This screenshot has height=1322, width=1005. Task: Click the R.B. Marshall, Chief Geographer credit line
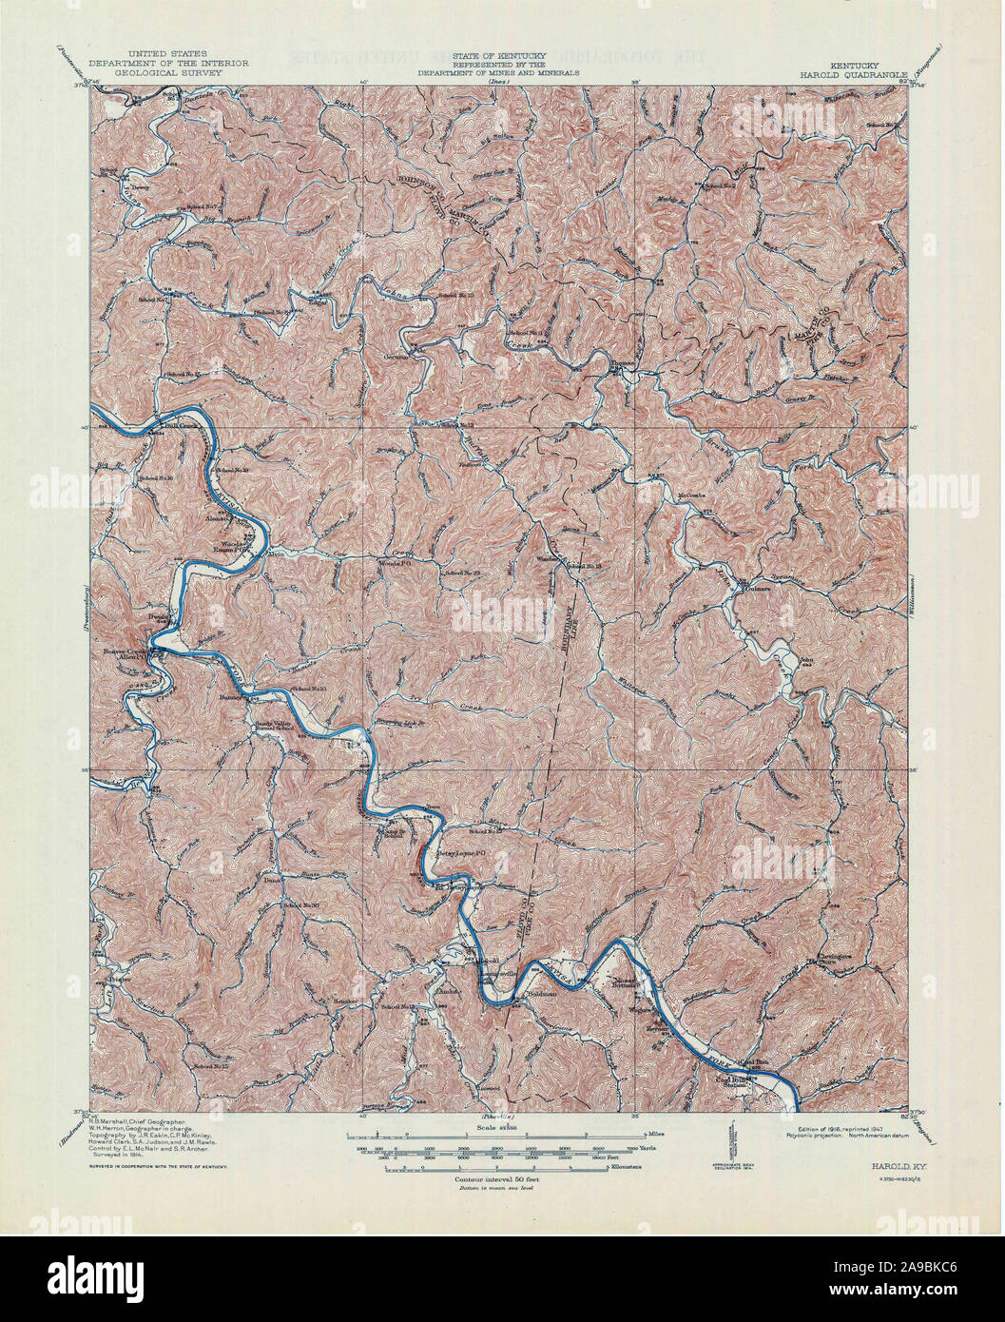click(141, 1123)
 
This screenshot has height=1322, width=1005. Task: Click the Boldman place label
click(539, 995)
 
